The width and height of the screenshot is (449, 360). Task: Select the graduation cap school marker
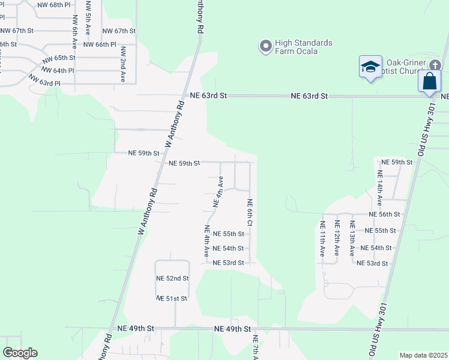point(370,67)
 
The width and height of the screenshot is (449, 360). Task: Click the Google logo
point(20,353)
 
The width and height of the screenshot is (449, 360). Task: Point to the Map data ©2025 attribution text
point(424,355)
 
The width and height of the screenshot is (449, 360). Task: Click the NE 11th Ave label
point(322,239)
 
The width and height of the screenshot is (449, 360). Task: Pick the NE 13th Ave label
point(352,239)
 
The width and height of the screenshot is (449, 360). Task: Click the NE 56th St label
point(384,214)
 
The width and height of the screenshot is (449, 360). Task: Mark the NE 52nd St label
point(172,278)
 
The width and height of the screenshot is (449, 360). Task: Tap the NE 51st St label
point(172,298)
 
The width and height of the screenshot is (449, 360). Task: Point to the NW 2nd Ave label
point(122,64)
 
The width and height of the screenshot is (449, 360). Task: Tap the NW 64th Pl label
point(58,70)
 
